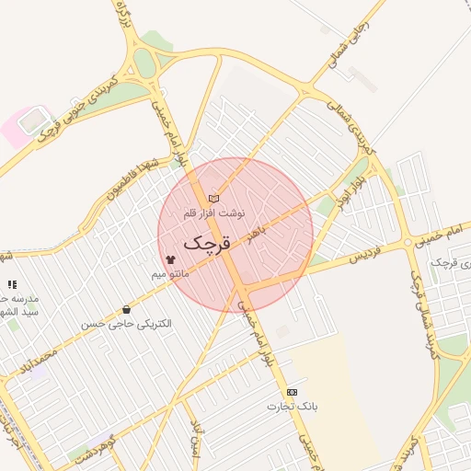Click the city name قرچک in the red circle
205,244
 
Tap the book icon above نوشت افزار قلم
214,198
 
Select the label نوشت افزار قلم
214,213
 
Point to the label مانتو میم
171,275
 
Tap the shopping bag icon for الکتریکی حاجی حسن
126,310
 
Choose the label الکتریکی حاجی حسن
126,325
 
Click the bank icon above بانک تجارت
293,392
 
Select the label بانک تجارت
293,406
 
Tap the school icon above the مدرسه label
12,285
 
